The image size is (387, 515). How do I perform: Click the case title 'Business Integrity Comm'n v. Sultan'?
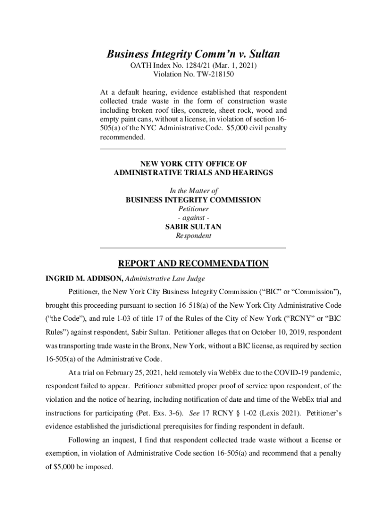[193, 54]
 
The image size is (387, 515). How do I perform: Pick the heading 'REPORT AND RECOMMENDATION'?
[193, 264]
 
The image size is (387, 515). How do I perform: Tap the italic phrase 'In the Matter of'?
[193, 191]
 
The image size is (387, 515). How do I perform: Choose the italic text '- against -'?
[193, 218]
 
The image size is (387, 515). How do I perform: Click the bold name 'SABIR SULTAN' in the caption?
[193, 227]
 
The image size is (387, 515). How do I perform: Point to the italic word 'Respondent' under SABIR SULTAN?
[193, 236]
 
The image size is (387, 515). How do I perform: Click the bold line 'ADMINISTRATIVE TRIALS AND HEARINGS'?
[193, 173]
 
